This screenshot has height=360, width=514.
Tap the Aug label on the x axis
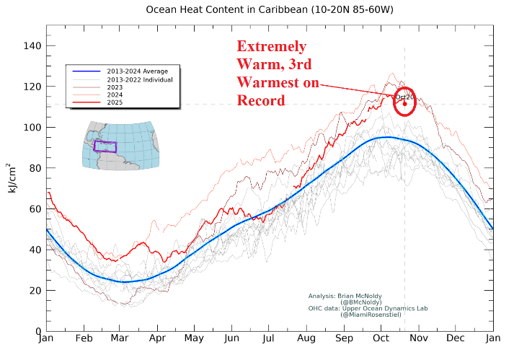pyautogui.click(x=306, y=337)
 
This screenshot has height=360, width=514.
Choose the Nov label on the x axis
pyautogui.click(x=419, y=337)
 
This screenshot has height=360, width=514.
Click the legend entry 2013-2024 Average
pyautogui.click(x=137, y=71)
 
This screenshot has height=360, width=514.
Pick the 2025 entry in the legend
pyautogui.click(x=115, y=104)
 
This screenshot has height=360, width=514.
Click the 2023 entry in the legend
pyautogui.click(x=115, y=87)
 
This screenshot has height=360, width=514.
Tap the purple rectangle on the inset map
pyautogui.click(x=105, y=146)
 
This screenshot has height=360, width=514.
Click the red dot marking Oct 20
pyautogui.click(x=404, y=104)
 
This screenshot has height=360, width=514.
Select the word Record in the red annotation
pyautogui.click(x=261, y=100)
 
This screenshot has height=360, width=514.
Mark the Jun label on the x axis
pyautogui.click(x=232, y=337)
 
